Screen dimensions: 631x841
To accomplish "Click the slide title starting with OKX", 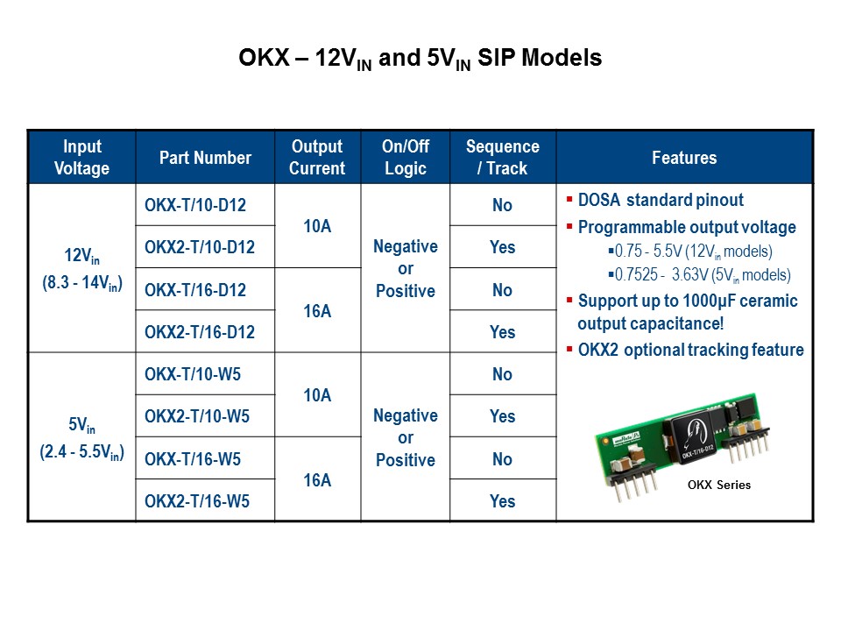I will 420,59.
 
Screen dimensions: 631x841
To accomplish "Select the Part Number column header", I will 205,158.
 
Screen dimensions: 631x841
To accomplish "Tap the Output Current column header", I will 317,158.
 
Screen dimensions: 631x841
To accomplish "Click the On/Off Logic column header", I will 406,158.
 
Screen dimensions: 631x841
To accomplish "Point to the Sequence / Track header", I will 502,158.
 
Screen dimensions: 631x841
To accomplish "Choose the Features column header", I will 684,158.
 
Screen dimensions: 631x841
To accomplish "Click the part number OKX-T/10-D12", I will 195,206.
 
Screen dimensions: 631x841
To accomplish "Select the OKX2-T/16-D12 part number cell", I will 200,332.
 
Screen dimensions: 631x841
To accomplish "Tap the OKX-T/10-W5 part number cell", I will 193,375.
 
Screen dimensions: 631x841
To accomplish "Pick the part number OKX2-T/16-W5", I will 197,502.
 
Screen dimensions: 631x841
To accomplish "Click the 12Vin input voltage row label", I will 81,269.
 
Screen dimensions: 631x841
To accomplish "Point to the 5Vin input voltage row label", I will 81,438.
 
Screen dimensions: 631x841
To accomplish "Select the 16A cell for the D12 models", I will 317,311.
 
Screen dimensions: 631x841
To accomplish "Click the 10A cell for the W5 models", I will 317,395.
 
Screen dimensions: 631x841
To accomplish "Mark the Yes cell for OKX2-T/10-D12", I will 502,248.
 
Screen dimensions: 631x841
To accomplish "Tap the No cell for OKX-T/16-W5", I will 502,459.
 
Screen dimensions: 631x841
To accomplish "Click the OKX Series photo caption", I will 717,485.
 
